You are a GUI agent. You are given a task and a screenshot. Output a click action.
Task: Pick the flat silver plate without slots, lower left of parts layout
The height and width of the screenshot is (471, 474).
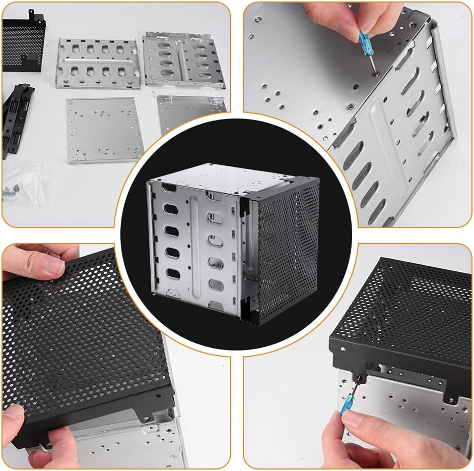click(103, 129)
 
